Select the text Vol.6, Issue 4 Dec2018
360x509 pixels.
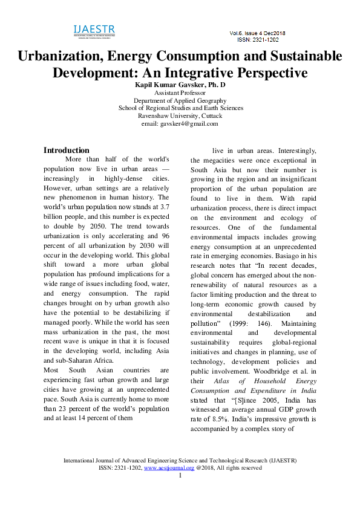click(x=258, y=33)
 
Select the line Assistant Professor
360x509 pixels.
click(x=180, y=93)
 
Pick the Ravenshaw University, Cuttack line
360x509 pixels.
click(x=180, y=115)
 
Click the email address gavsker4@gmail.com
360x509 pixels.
click(x=189, y=123)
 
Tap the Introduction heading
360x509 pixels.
click(x=67, y=150)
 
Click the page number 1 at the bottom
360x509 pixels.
click(x=180, y=475)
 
